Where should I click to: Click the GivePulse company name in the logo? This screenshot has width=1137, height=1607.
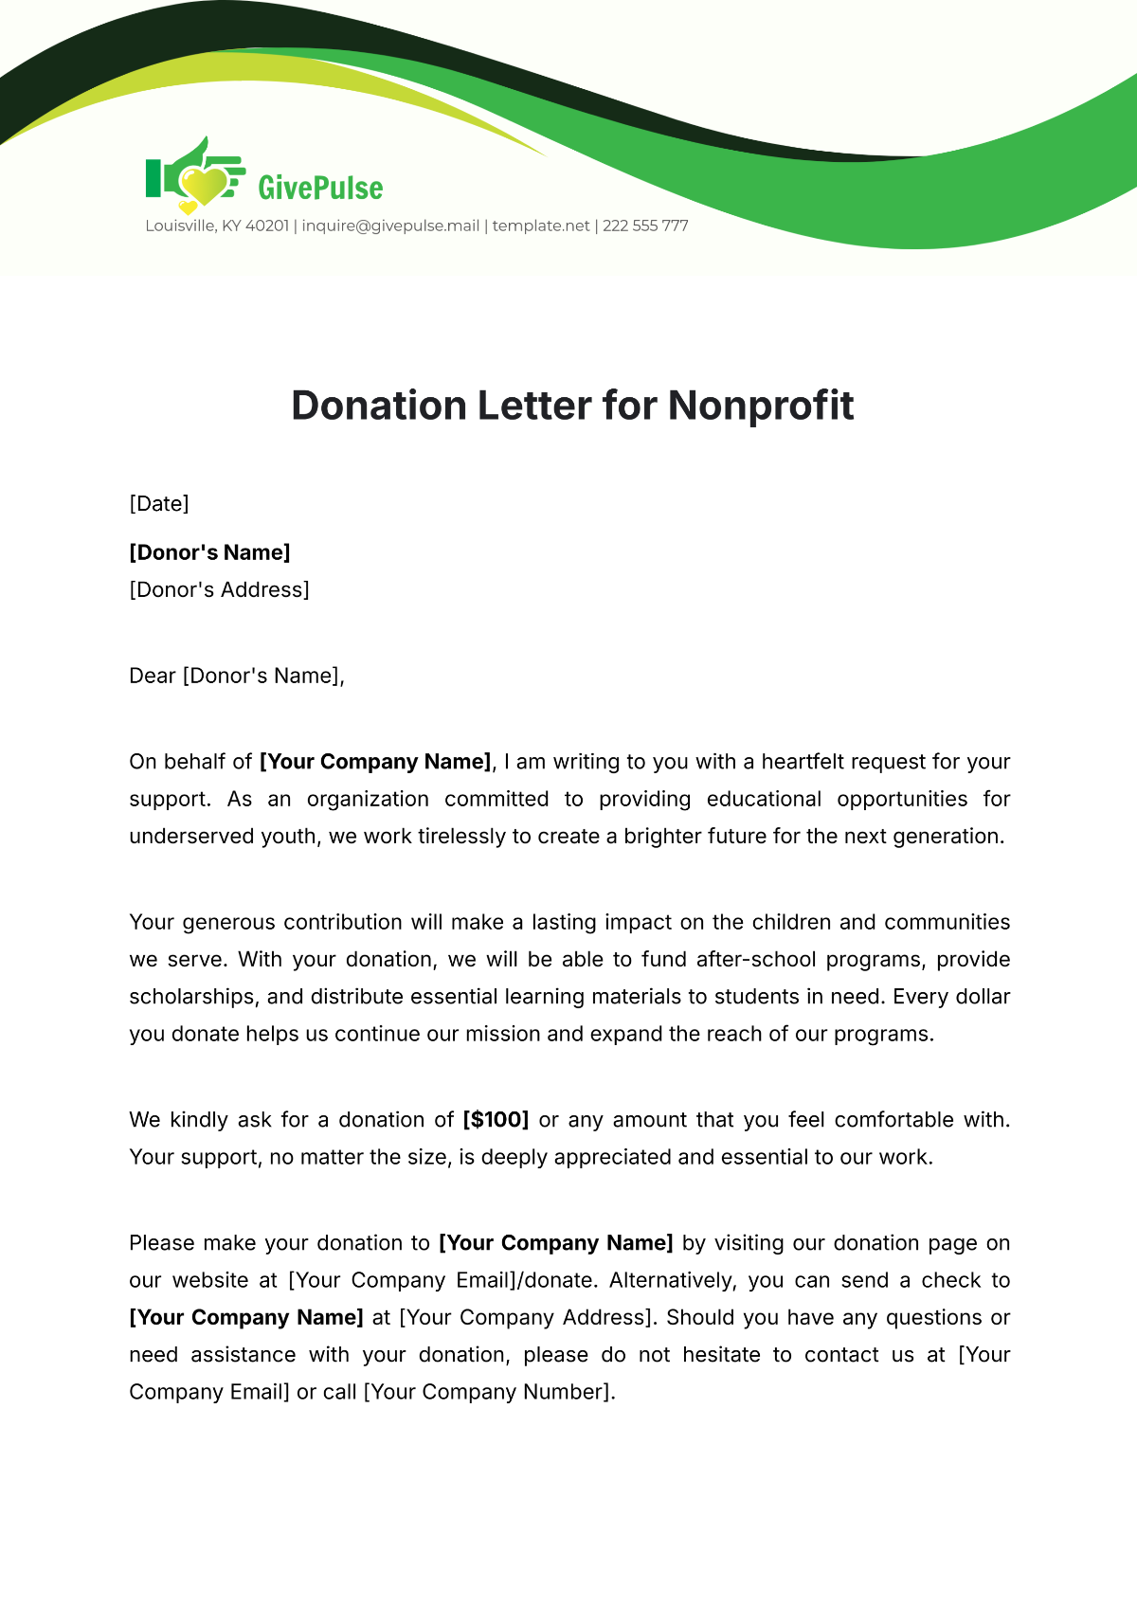(x=320, y=188)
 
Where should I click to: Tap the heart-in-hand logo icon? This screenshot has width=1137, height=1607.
(x=194, y=176)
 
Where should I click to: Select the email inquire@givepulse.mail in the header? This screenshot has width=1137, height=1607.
(x=390, y=226)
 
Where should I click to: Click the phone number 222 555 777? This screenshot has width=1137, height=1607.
(x=645, y=226)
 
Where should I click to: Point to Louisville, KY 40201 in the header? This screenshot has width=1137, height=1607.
(x=217, y=226)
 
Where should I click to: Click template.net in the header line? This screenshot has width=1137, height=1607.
(x=541, y=226)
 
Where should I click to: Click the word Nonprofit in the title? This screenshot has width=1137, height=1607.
(x=761, y=406)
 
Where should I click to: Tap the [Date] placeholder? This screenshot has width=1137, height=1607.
(x=159, y=503)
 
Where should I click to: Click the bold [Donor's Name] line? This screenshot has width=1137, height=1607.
(x=209, y=552)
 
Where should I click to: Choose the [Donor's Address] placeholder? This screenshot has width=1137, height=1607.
(x=219, y=589)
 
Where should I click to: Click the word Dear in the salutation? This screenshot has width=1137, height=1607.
(x=153, y=676)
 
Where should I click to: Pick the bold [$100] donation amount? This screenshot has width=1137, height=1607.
(x=496, y=1119)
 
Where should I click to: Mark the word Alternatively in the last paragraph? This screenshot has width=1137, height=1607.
(x=672, y=1280)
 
